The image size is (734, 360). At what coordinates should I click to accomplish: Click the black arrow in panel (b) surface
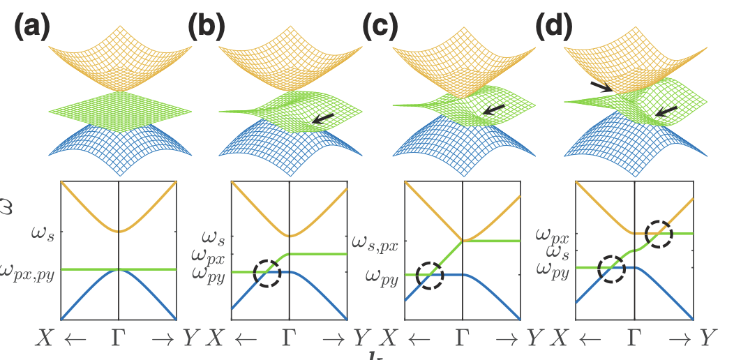[322, 119]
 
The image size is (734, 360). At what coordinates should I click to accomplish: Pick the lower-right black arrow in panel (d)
[666, 110]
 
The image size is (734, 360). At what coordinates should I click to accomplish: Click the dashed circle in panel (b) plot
[267, 273]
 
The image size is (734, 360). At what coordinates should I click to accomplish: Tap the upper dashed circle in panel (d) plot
[658, 234]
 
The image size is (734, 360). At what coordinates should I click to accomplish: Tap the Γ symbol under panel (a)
[119, 340]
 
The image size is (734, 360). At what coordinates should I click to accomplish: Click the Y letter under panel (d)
[708, 340]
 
